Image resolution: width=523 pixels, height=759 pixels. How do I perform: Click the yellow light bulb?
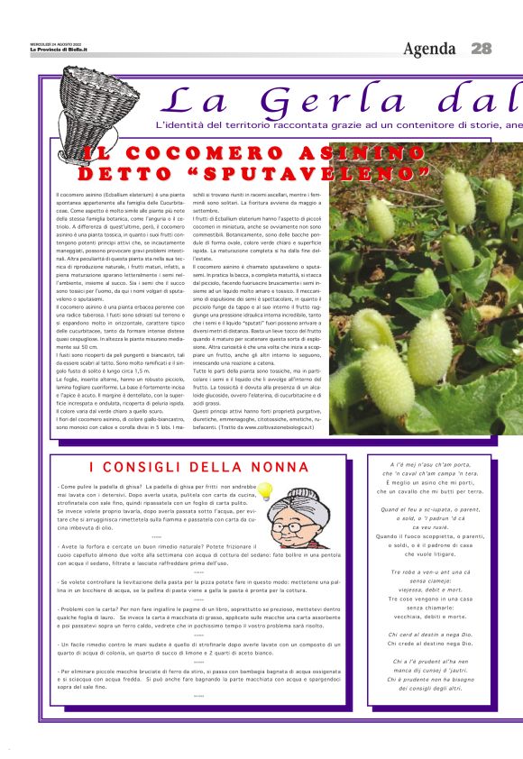[267, 492]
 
